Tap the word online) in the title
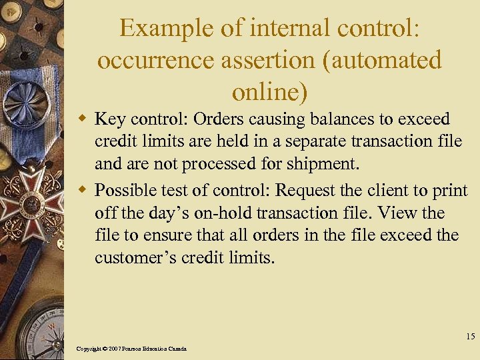(x=270, y=91)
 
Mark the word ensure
(x=159, y=236)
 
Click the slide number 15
(x=469, y=337)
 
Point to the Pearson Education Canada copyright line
(x=131, y=349)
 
